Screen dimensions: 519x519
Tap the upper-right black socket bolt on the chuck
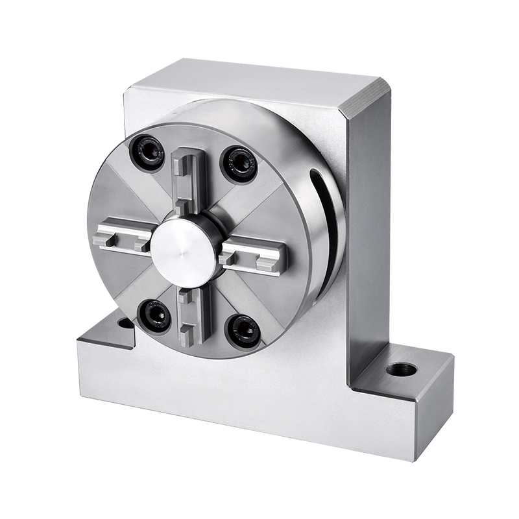coord(239,165)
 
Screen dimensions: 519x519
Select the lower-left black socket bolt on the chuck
coord(155,317)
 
